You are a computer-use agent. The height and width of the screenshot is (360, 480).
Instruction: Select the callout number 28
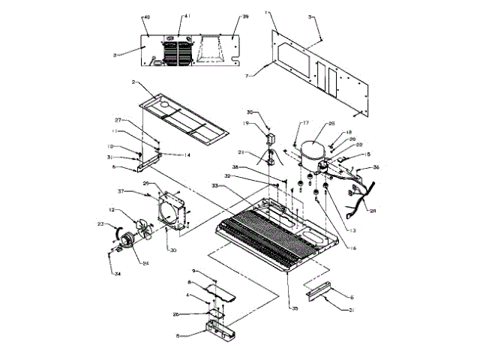[x=373, y=211]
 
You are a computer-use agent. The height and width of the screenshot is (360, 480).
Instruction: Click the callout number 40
[x=147, y=15]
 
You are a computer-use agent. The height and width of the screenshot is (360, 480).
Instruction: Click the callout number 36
[x=376, y=168]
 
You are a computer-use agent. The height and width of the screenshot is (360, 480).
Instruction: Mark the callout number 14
[x=187, y=154]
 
